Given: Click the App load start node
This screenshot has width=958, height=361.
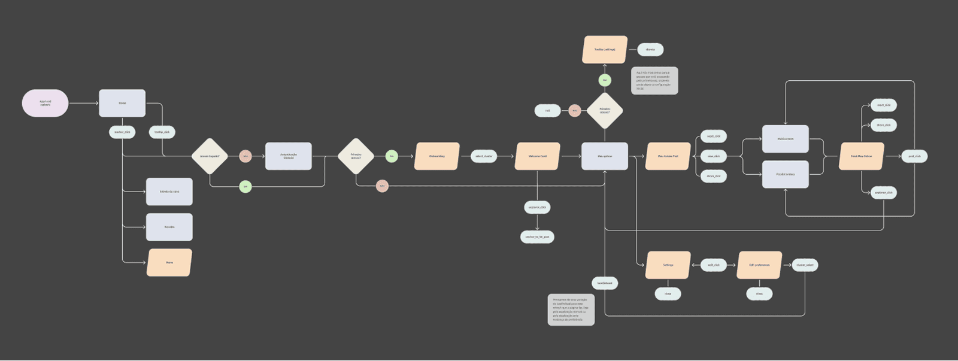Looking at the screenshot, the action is coord(46,103).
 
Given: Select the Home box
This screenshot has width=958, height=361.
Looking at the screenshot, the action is coord(122,103).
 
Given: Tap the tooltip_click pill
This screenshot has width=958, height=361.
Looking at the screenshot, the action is coord(162,132).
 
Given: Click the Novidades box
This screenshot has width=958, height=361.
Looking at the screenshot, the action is coord(169,227).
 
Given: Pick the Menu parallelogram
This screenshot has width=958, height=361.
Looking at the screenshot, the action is coord(169,262).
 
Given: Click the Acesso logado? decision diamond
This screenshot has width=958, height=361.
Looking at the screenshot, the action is coord(210,156).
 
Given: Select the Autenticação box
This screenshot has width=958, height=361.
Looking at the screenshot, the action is coord(288,156).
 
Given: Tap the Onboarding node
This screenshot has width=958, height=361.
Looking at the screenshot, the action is coord(437,156).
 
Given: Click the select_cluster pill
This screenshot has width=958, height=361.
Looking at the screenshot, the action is coord(484,156).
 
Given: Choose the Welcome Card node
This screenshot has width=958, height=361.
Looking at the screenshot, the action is coord(538,156).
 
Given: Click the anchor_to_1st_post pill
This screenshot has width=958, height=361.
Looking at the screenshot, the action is coord(537,236).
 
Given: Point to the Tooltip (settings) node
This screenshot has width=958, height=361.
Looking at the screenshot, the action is coord(605,50).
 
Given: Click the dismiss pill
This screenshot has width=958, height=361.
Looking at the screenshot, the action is coord(650,50).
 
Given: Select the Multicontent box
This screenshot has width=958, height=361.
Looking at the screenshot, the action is coord(786,139).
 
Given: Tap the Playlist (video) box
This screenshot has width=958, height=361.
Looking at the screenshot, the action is coord(786,174).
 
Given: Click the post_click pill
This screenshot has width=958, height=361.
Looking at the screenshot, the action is coord(914,156).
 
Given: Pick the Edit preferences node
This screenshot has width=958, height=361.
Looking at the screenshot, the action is coord(759,265).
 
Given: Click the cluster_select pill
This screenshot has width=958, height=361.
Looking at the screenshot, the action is coord(805,265).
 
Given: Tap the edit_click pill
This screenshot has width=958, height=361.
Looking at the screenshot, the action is coord(714,265).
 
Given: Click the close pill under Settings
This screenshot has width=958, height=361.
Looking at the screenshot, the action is coord(668,293).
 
